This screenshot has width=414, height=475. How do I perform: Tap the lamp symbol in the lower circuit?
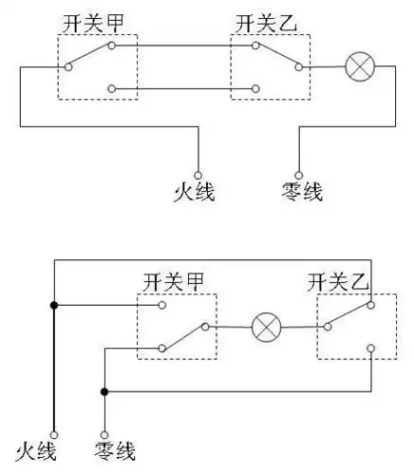pos(266,329)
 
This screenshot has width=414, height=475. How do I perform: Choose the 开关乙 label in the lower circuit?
pos(338,281)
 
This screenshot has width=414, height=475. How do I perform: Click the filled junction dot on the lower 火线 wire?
pos(54,305)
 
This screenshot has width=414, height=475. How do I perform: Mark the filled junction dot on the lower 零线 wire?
pos(103,391)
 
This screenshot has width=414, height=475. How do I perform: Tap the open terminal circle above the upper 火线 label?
pos(198,174)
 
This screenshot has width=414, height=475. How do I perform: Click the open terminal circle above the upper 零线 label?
pos(300,174)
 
